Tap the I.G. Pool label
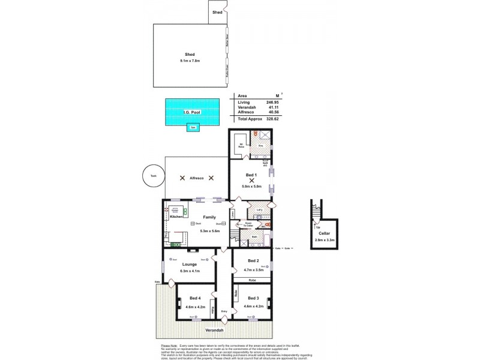tap(191, 112)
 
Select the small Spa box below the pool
tap(192, 127)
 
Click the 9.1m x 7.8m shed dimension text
tap(190, 61)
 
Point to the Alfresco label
tap(197, 178)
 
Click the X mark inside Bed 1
tap(251, 180)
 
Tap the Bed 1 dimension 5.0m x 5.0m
tap(251, 187)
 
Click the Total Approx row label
tap(251, 119)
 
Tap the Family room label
tap(209, 217)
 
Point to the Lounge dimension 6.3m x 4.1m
tap(190, 271)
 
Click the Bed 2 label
tap(253, 261)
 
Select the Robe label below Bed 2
tap(253, 280)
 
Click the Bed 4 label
tap(195, 298)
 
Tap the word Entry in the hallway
tap(224, 311)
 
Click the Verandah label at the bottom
tap(215, 331)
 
